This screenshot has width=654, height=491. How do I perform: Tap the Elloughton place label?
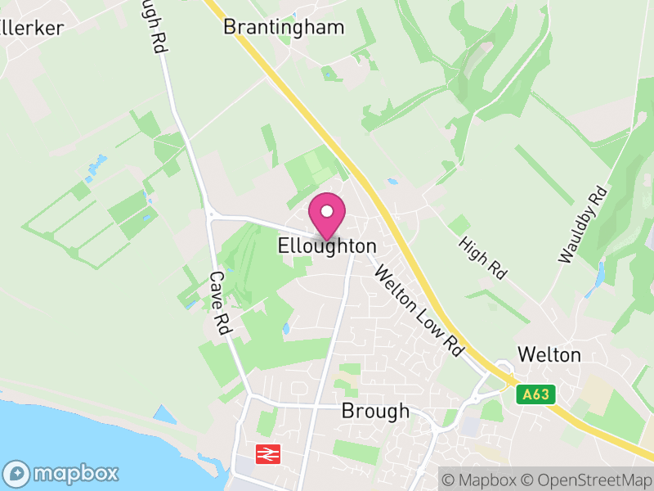pos(327,245)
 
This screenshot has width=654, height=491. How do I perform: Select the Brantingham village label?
pos(284,27)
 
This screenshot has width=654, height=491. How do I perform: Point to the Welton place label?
pos(549,354)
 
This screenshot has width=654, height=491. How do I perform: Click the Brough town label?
pos(375,411)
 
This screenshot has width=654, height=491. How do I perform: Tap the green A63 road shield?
pos(536,394)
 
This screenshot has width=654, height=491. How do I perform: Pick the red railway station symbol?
pos(267,453)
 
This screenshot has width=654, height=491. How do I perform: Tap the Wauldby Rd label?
pos(584,225)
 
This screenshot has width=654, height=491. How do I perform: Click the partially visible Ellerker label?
pos(33,27)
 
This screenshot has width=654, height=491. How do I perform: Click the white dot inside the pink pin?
pos(327,211)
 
